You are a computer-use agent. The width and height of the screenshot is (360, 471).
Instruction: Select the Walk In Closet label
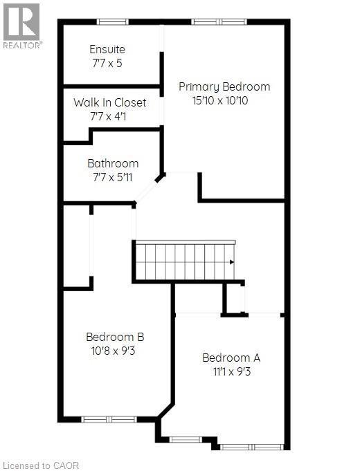point(110,102)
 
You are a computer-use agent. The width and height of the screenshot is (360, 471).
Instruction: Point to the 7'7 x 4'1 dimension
point(110,116)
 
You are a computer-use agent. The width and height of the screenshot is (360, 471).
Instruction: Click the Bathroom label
point(113,163)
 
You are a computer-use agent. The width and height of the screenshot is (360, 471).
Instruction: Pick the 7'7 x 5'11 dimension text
point(113,177)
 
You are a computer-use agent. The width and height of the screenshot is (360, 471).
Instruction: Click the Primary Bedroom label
point(224,86)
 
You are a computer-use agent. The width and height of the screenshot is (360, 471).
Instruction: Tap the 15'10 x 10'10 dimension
point(224,100)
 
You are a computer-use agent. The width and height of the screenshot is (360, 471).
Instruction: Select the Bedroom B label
point(115,337)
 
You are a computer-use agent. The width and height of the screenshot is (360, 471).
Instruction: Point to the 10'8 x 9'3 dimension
point(115,351)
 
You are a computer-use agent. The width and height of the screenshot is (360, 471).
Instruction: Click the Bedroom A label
point(231,358)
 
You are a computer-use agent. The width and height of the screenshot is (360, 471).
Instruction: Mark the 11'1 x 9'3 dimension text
point(231,371)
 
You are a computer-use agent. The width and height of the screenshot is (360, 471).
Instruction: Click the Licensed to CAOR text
point(42,465)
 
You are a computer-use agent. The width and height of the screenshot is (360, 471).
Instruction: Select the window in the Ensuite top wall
point(112,21)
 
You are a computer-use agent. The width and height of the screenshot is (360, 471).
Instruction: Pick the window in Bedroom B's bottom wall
point(109,419)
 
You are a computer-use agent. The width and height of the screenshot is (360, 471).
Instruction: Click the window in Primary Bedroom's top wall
point(219,21)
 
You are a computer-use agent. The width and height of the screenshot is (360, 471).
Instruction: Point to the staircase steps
point(184,261)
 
